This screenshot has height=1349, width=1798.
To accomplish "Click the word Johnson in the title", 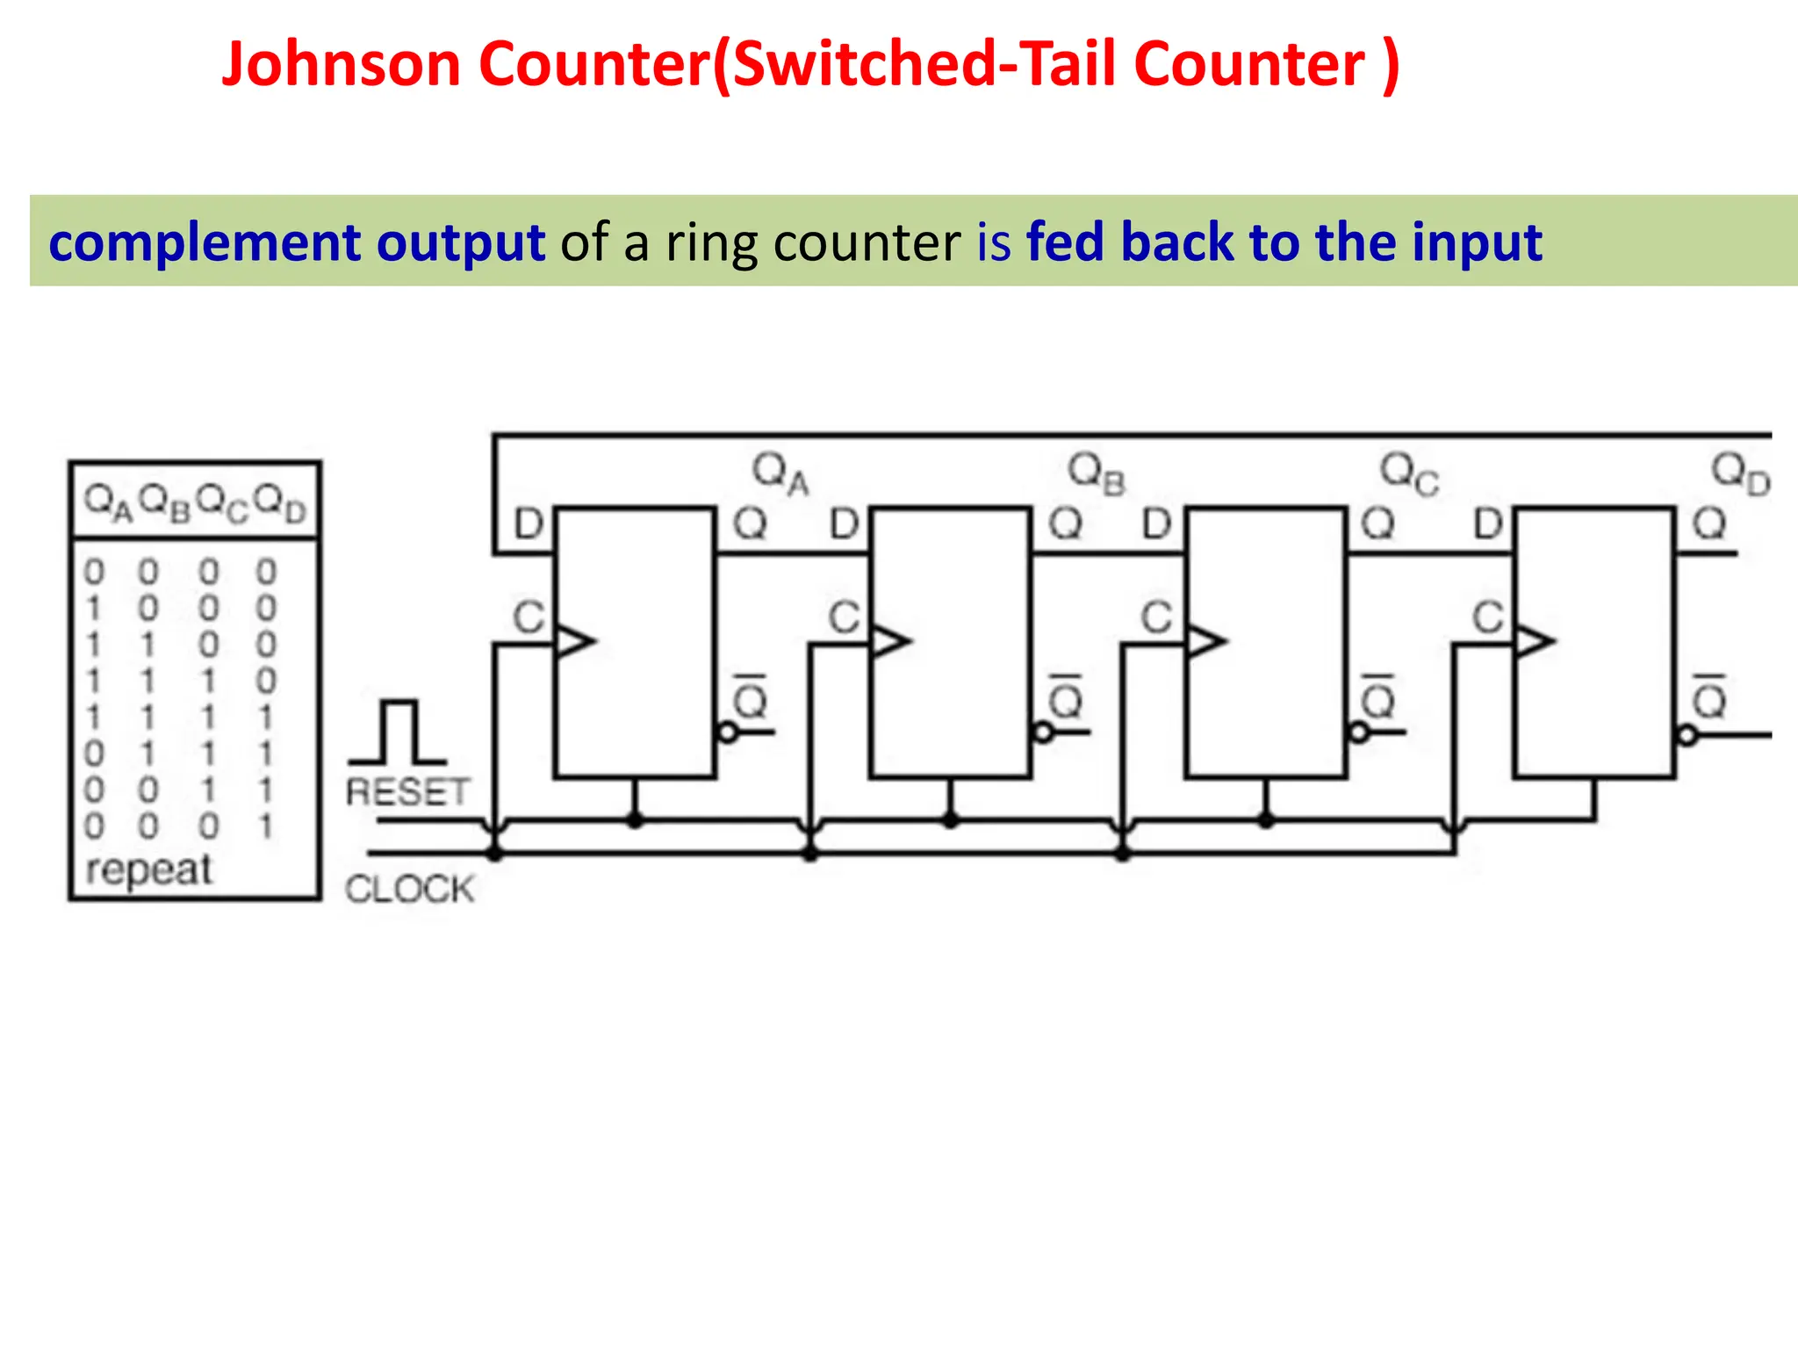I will (341, 65).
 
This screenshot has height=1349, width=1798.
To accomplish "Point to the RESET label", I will (407, 792).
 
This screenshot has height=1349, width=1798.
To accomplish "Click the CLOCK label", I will (409, 889).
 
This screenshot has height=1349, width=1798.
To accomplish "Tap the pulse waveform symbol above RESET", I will (399, 732).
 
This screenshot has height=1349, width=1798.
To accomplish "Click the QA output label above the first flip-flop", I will (780, 474).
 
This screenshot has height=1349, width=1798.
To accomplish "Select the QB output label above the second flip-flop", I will (1096, 474).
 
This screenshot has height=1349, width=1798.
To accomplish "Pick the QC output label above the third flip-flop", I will (1409, 474).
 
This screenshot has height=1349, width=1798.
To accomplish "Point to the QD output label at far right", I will (1741, 474).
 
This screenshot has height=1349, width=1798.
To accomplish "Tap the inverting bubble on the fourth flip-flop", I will (1687, 735).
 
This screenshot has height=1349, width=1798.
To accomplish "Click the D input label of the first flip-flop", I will (529, 524).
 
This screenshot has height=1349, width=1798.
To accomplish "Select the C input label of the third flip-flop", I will (1156, 617).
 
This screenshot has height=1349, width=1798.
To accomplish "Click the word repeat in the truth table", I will (148, 869).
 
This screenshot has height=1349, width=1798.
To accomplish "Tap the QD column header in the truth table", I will (279, 504).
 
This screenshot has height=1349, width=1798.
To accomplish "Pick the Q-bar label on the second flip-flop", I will (1066, 698).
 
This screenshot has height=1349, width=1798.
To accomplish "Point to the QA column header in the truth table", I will (108, 504).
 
